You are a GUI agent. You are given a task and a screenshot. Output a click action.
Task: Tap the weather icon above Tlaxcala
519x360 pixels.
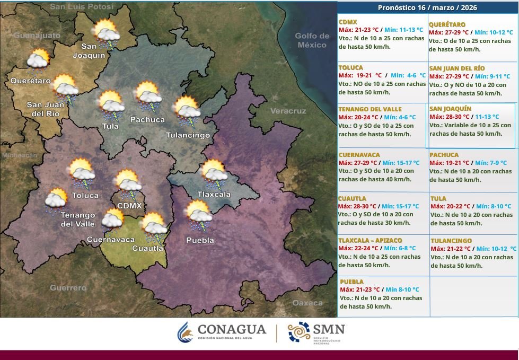(215, 175)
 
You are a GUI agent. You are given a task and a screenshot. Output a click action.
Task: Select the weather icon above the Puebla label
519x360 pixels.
(199, 215)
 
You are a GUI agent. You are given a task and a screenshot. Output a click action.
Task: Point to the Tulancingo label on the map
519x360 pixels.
(188, 135)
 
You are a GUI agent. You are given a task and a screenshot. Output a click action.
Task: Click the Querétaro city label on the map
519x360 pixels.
(30, 81)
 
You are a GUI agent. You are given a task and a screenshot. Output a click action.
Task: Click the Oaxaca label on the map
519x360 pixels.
(307, 303)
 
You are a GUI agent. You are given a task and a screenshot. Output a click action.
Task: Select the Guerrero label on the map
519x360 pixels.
(68, 288)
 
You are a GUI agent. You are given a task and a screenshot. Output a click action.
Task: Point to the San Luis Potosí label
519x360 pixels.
(82, 7)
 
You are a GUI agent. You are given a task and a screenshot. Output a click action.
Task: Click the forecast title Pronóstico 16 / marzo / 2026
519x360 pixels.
(427, 7)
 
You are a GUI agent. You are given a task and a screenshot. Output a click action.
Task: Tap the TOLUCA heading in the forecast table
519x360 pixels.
(351, 68)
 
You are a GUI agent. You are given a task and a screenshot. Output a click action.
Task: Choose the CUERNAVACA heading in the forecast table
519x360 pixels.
(359, 155)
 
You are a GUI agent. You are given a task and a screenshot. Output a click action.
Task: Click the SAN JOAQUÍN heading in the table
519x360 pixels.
(450, 109)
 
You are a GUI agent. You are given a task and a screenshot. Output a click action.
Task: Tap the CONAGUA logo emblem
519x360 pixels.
(185, 332)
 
